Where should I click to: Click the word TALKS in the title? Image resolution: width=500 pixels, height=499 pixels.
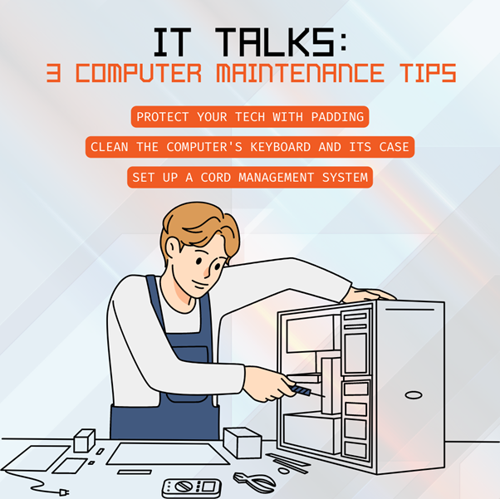coord(275,42)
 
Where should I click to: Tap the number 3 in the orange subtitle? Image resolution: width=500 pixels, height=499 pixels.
coord(53,73)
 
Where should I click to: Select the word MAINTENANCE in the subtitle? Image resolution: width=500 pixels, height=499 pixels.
coord(300,73)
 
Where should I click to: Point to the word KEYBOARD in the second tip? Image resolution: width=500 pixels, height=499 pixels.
coord(280,147)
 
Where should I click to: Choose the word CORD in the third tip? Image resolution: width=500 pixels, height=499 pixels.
coord(216,178)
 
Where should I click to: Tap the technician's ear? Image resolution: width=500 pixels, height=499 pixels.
coord(173,247)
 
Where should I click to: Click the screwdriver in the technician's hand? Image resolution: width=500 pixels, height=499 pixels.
coord(306,391)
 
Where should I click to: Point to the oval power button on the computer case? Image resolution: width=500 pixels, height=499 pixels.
coord(414,395)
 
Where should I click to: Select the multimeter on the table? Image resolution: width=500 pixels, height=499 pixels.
coord(191,487)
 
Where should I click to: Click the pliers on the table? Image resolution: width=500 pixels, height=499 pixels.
coord(254,482)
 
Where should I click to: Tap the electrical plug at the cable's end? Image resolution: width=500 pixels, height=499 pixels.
coord(64,492)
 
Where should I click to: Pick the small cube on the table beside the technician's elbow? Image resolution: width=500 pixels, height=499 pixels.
coord(85,440)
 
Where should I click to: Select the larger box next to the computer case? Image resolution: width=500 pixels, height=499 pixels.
coord(243,443)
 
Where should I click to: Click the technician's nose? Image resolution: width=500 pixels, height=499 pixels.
coord(208,272)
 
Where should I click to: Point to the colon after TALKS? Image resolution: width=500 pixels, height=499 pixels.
coord(343,43)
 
